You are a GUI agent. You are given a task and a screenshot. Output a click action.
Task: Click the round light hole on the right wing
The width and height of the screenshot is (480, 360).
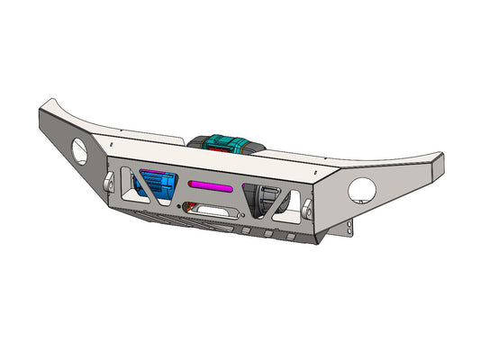click(x=362, y=189)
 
